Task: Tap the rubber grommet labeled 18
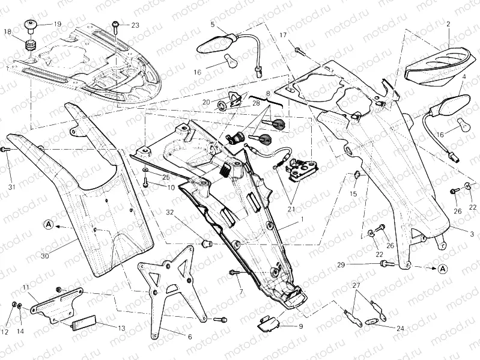click(x=28, y=46)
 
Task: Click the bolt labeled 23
click(x=115, y=25)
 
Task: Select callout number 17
click(x=283, y=35)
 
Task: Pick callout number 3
click(x=472, y=233)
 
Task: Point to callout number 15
click(x=353, y=194)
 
